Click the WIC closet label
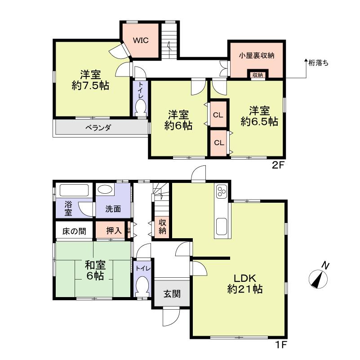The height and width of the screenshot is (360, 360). point(140,40)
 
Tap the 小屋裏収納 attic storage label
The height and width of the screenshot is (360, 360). point(256,56)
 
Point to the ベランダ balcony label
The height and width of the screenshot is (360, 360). point(98,128)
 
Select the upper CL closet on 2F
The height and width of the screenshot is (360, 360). point(218,115)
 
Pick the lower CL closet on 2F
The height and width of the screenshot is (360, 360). point(219,143)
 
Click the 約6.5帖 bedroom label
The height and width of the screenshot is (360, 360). point(259,116)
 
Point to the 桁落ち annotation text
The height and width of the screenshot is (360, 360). point(319,63)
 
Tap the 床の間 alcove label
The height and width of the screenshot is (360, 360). point(74,231)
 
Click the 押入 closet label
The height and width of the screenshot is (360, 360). point(113,231)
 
